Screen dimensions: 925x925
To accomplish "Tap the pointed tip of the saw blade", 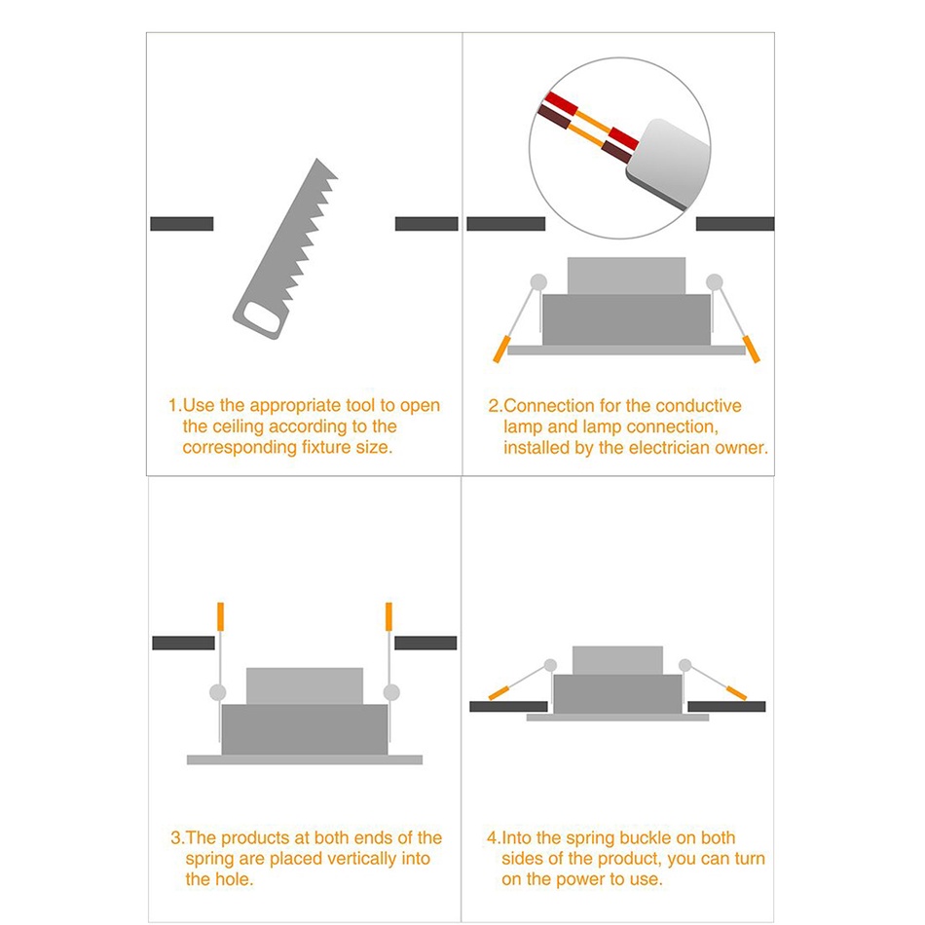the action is tap(317, 159).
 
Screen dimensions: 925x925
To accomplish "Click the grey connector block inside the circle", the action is tap(668, 164).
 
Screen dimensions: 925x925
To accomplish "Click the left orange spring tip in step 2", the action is tap(500, 349).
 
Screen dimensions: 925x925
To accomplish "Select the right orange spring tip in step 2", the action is tap(752, 349).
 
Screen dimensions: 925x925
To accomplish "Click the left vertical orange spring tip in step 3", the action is tap(221, 616).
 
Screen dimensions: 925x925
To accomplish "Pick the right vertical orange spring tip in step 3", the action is tap(388, 616).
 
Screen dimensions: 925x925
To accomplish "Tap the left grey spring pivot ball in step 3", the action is tap(218, 692).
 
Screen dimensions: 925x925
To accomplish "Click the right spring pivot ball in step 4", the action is tap(684, 665).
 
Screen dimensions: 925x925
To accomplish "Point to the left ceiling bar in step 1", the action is tap(182, 224).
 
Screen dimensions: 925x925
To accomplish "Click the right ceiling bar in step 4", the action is tap(726, 706).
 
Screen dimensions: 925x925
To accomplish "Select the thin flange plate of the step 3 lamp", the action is tap(305, 759).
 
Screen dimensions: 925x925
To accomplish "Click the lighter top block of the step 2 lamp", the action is tap(626, 276).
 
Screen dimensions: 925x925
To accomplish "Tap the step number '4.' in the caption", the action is tap(494, 837).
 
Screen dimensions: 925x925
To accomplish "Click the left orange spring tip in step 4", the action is tap(499, 692).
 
